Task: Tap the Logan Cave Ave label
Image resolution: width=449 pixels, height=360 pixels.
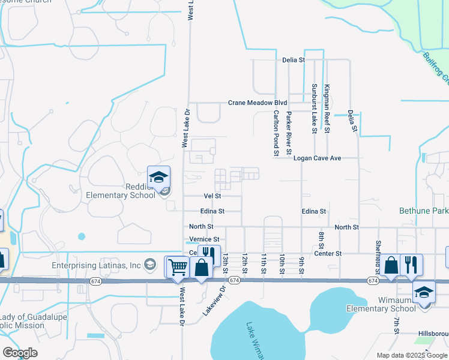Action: click(317, 158)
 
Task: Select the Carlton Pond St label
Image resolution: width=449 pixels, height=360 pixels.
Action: click(277, 133)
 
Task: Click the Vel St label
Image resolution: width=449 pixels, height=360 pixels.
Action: click(212, 196)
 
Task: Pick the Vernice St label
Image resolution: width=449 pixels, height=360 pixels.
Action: click(205, 239)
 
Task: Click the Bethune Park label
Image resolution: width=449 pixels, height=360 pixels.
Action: click(424, 211)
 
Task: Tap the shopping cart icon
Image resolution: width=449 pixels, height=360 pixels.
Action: click(176, 267)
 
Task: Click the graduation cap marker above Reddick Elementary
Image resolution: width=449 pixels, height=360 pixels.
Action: click(159, 177)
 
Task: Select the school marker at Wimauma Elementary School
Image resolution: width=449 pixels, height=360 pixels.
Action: click(424, 292)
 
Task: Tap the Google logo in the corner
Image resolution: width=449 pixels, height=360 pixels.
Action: click(20, 353)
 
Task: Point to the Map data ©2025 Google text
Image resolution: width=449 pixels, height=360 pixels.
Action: click(411, 355)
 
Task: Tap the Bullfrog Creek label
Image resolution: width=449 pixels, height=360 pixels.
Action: click(437, 69)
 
